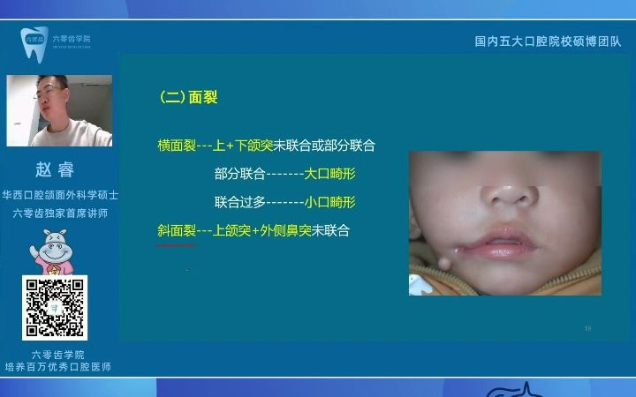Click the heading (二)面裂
click(188, 98)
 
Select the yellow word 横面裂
click(177, 145)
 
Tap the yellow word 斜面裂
click(177, 230)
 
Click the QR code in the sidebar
click(55, 308)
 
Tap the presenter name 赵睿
click(55, 170)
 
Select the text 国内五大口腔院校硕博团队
click(548, 41)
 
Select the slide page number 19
click(587, 328)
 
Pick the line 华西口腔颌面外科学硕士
click(60, 195)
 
